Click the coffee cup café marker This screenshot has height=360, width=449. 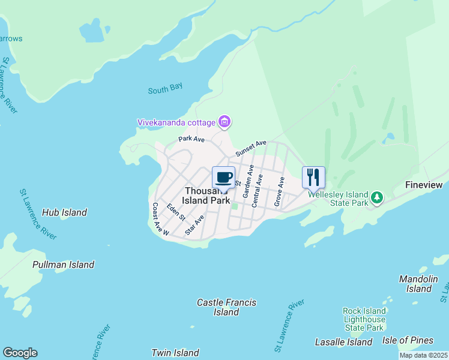(223, 177)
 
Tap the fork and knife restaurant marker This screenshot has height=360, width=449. (313, 177)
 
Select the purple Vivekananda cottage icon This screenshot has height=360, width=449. (224, 122)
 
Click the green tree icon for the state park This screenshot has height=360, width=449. (376, 197)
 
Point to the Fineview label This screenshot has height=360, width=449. (424, 185)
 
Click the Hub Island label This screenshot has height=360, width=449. (65, 212)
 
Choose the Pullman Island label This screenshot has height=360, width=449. (63, 265)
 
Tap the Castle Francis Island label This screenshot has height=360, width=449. (227, 307)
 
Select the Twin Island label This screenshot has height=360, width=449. (175, 353)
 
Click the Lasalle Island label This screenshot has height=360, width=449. (344, 342)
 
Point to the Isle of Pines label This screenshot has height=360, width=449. (408, 340)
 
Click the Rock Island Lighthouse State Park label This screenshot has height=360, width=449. (364, 319)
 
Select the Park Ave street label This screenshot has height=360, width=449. (191, 139)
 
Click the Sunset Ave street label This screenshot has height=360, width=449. (251, 149)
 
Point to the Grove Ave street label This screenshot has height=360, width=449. (279, 191)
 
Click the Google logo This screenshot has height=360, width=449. (20, 353)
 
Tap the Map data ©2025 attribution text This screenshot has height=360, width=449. (423, 355)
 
